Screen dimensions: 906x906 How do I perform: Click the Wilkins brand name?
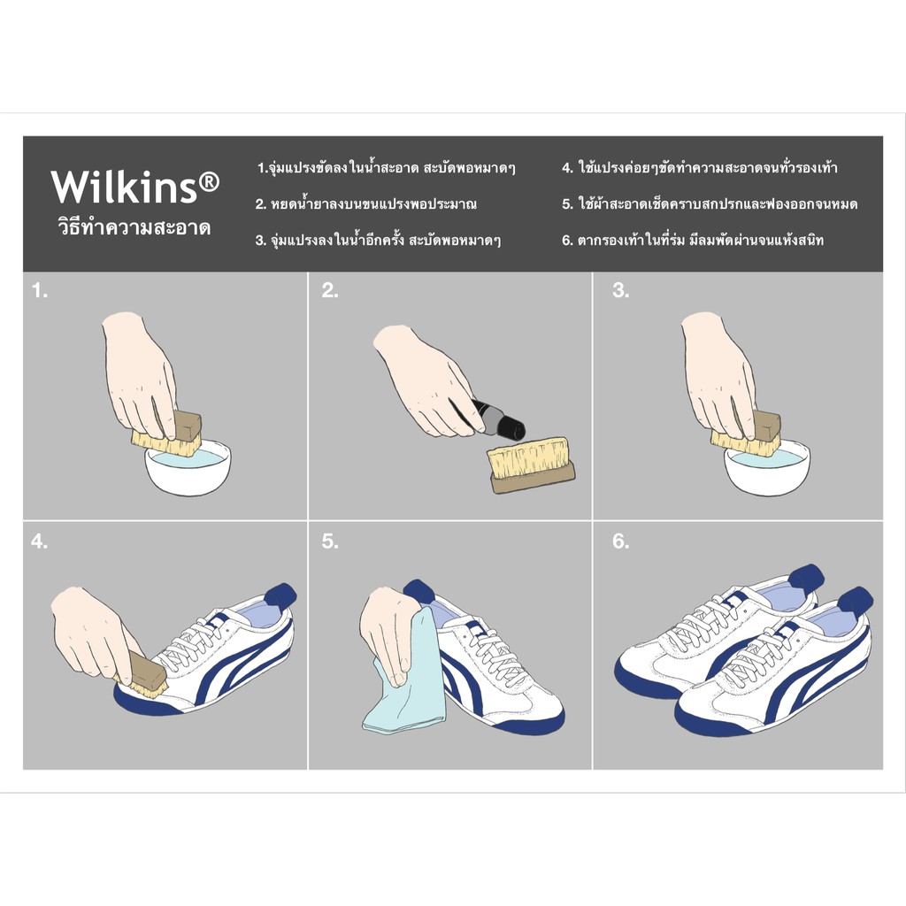[124, 186]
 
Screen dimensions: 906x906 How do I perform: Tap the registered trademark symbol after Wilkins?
[209, 182]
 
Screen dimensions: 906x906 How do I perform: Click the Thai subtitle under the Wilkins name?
[134, 227]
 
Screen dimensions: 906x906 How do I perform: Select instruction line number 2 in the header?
[366, 203]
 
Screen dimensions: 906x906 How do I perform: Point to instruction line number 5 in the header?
[710, 203]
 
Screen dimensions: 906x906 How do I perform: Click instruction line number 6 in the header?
[693, 240]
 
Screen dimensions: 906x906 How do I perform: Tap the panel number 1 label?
[39, 290]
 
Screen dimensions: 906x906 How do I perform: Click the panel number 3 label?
[620, 290]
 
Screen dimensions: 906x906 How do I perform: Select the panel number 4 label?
[39, 542]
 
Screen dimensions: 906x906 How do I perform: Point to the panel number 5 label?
[330, 542]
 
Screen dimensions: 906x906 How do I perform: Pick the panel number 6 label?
[620, 542]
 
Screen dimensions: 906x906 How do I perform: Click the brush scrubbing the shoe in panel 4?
[142, 676]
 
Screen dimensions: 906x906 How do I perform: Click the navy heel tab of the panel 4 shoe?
[280, 595]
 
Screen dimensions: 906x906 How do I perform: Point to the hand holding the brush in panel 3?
[719, 374]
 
